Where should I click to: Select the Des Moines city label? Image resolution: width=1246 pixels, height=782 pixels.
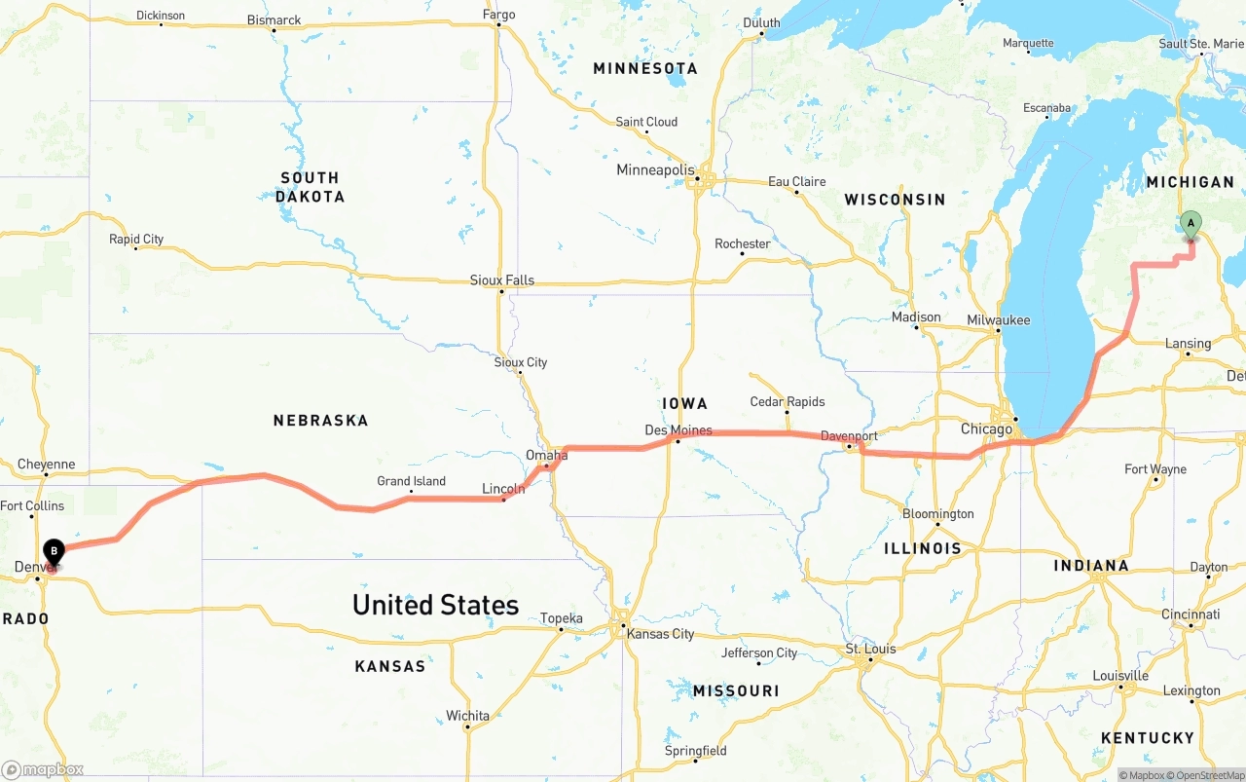[678, 430]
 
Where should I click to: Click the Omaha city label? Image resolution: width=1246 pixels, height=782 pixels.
[546, 455]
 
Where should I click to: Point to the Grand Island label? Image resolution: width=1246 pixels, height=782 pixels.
[411, 481]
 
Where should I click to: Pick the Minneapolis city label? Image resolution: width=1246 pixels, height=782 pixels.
[655, 170]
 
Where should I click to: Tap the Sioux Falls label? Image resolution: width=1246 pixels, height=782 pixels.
[502, 280]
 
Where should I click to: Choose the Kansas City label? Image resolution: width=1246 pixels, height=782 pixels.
[661, 634]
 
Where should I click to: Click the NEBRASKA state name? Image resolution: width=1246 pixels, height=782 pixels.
[320, 421]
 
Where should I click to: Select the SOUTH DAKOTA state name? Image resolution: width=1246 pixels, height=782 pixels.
[310, 187]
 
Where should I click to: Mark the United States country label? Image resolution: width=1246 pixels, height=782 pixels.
[435, 605]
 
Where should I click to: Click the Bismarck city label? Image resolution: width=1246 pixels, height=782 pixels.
[274, 19]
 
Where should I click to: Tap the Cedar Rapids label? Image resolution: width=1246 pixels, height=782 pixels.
[788, 401]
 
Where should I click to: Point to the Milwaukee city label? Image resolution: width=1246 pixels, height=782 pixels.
[998, 320]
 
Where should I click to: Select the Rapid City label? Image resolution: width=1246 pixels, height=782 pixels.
[136, 239]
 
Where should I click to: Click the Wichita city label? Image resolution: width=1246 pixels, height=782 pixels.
[467, 716]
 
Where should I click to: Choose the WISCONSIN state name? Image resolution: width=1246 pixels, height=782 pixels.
[895, 200]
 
